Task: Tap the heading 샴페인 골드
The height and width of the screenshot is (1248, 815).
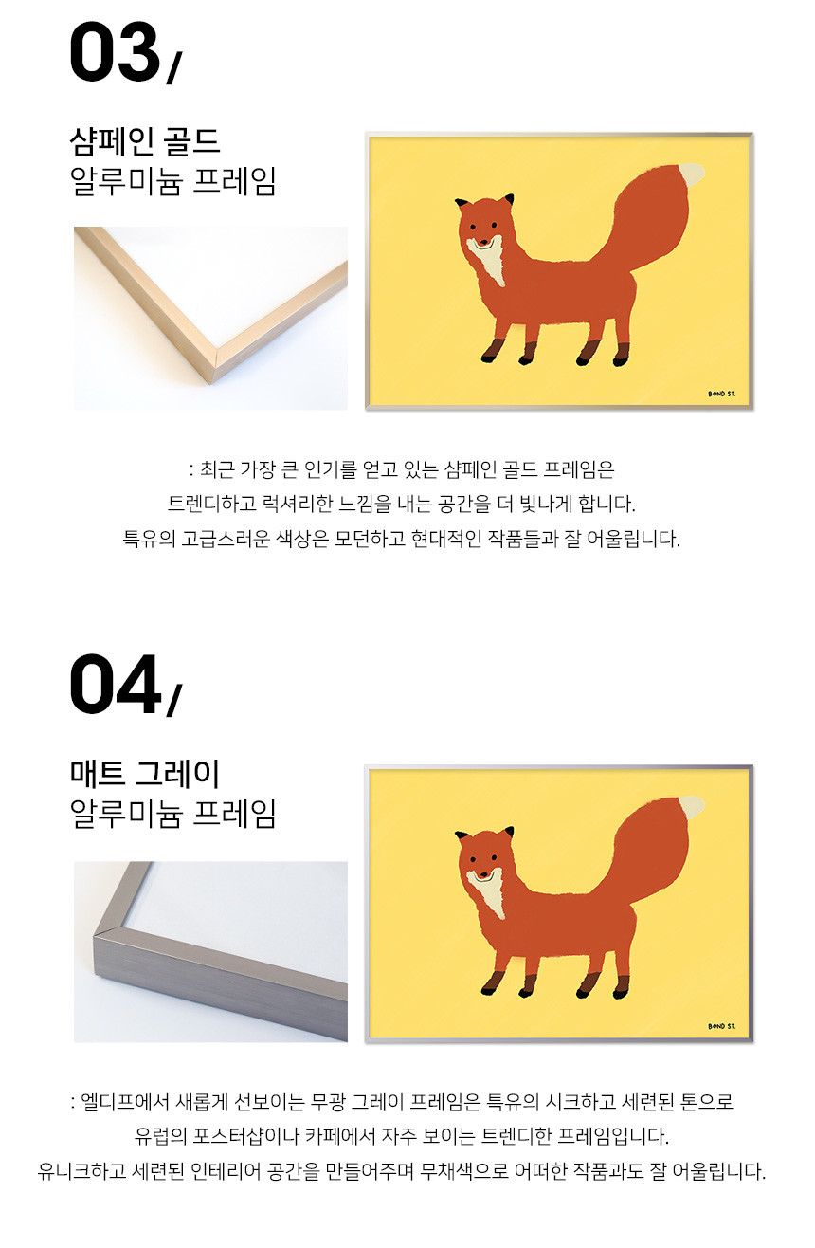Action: [x=145, y=141]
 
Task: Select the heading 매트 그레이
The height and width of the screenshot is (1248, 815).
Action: [x=145, y=774]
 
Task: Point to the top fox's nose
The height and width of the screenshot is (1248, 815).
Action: [x=483, y=241]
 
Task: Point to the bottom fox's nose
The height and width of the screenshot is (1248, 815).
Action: [x=483, y=873]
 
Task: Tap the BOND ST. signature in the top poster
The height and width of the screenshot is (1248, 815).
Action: [x=721, y=394]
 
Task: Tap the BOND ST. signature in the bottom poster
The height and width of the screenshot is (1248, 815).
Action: [x=721, y=1026]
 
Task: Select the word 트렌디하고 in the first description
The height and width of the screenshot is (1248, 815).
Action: [x=212, y=504]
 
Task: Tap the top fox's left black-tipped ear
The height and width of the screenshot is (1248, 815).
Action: [x=462, y=203]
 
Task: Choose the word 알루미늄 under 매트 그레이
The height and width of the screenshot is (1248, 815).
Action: [x=126, y=814]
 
